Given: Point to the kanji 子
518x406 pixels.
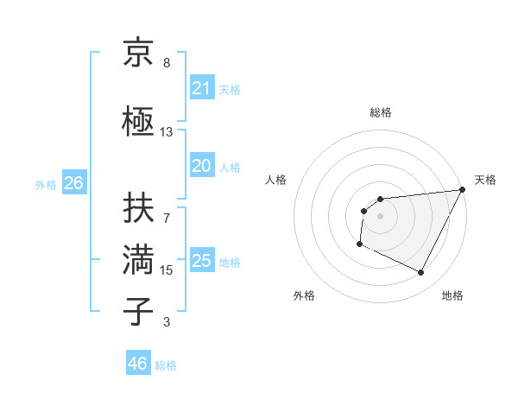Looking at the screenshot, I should [139, 309].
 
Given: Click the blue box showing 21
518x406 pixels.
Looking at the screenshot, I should [201, 88].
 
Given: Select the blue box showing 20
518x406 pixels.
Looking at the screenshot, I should [201, 167].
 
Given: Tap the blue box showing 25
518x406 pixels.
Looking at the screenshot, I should [201, 261].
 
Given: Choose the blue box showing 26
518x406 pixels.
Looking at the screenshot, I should [73, 183].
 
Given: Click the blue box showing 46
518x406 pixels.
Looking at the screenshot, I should [137, 364].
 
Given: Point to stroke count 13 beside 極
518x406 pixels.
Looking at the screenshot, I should [166, 132].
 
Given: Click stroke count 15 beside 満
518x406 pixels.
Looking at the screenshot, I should [166, 270].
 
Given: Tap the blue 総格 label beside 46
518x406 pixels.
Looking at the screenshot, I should [166, 365].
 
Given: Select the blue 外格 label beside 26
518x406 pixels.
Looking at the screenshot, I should [46, 184].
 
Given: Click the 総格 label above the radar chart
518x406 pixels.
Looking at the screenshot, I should [380, 112].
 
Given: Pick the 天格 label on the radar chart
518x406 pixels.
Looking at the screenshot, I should [485, 180].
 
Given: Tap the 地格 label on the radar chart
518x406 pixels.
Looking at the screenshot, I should [452, 295].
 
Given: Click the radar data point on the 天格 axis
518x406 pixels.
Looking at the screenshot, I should [464, 189].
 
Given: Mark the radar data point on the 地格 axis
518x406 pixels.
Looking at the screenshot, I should [420, 273].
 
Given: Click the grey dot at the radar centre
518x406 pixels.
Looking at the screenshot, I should [380, 216].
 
